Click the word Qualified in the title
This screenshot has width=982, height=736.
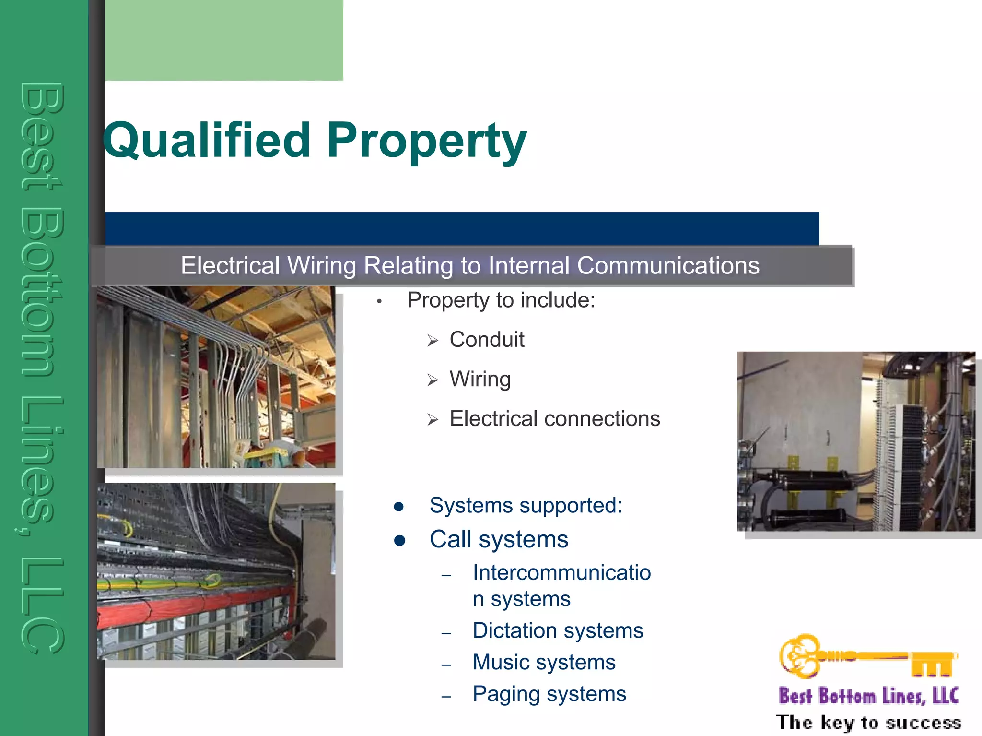coord(207,140)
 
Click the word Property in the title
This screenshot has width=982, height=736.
coord(427,140)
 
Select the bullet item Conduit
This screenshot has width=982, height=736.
coord(487,340)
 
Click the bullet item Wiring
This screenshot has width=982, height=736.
coord(480,379)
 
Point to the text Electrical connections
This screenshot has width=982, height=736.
coord(555,419)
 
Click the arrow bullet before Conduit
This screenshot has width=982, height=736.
coord(433,341)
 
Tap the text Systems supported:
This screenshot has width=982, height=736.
coord(526,505)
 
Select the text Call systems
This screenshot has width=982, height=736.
coord(499,539)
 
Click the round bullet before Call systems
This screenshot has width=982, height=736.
coord(399,541)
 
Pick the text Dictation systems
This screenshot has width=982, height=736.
coord(558,630)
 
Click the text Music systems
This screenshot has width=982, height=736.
coord(544,662)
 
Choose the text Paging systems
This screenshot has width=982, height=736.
coord(549,694)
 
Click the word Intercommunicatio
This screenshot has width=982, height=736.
coord(561,572)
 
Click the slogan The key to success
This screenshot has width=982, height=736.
coord(868,722)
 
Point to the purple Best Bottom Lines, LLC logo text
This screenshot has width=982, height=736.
coord(868,696)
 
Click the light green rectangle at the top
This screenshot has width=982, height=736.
coord(224,40)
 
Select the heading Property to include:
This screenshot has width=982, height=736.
coord(501,300)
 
